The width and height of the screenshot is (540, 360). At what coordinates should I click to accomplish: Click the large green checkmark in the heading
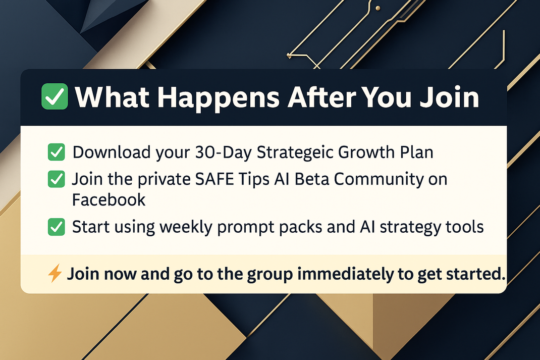point(55,96)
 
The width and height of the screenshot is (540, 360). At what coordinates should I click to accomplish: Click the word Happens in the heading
point(219,98)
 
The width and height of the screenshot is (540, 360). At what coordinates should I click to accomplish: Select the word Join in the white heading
point(449,97)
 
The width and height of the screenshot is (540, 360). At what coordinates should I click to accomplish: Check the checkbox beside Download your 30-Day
point(57,152)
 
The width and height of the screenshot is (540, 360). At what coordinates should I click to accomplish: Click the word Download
point(112,152)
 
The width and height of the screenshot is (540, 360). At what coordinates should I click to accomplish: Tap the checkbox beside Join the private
point(57,179)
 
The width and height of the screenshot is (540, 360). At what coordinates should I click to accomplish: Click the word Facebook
point(109,200)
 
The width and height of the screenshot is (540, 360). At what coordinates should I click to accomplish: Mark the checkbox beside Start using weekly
point(57,227)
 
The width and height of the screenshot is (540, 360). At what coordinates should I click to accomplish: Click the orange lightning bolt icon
point(55,273)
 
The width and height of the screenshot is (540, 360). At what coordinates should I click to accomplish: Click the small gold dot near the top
point(378,8)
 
